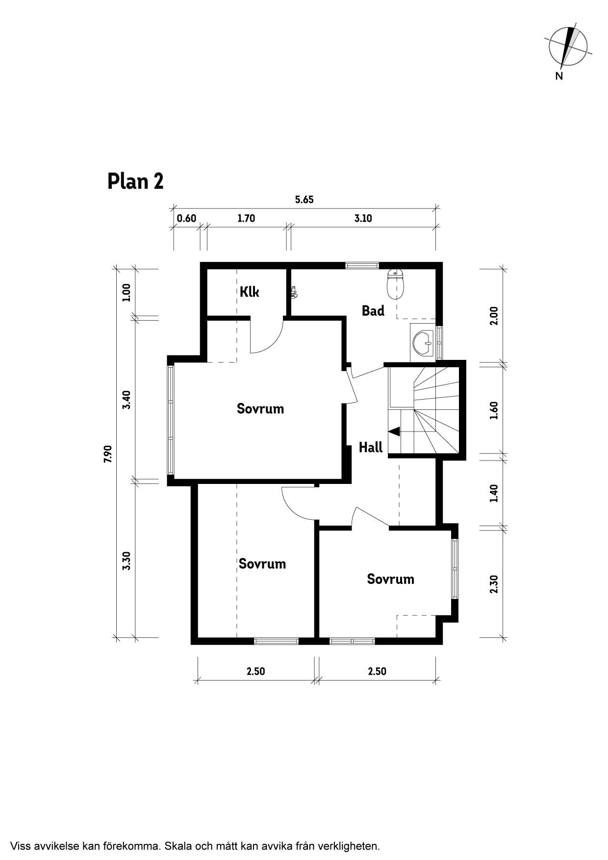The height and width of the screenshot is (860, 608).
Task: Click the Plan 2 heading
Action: (x=135, y=181)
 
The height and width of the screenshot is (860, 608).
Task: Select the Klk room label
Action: (x=249, y=292)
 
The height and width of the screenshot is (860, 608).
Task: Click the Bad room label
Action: (x=373, y=310)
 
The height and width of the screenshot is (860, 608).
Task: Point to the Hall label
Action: (x=371, y=447)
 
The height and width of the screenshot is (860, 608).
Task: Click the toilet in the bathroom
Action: (x=396, y=283)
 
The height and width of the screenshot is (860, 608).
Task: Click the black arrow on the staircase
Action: (x=394, y=431)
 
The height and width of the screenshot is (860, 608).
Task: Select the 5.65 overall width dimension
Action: (x=304, y=200)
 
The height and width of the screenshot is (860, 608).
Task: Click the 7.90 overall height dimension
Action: (x=108, y=454)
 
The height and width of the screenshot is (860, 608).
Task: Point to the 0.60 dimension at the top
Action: (x=186, y=218)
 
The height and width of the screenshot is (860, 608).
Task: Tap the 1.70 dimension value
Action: (x=246, y=218)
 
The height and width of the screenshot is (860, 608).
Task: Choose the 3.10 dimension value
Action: (x=363, y=218)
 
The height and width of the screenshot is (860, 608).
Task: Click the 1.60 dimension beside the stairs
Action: (x=494, y=410)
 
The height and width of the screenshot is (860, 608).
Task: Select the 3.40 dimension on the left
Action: (x=127, y=400)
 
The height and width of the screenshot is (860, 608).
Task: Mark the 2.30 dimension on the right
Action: (x=494, y=584)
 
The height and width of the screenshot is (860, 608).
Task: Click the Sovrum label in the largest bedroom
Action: (x=260, y=408)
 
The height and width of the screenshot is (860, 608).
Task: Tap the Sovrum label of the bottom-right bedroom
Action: (x=391, y=579)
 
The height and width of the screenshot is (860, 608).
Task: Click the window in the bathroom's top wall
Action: (x=362, y=265)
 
